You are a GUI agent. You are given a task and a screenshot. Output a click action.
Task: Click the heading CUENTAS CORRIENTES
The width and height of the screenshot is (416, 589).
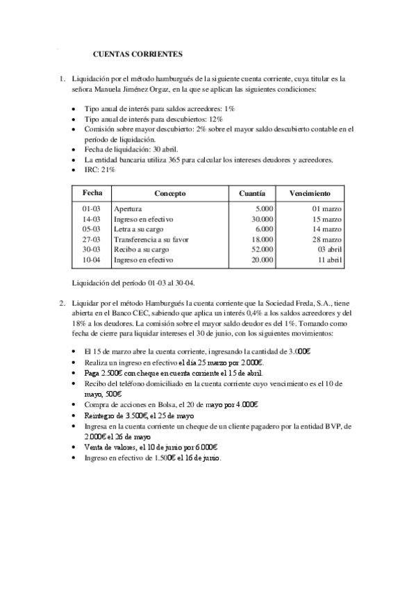click(x=138, y=53)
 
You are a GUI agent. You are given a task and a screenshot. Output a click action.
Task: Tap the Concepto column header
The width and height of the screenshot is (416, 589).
click(x=169, y=192)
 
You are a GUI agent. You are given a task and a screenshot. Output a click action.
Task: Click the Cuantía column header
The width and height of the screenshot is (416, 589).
click(x=250, y=192)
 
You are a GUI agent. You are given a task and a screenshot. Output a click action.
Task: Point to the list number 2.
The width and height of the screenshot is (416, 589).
click(x=62, y=303)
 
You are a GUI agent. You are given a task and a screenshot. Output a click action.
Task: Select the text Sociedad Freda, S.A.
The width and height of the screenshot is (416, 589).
click(x=294, y=303)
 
